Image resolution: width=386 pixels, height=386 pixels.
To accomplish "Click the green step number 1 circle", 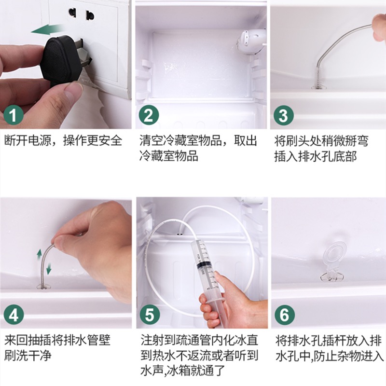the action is point(14,115).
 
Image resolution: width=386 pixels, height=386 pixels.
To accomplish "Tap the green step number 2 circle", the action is point(149,115).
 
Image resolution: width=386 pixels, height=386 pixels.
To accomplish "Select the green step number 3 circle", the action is point(284,115).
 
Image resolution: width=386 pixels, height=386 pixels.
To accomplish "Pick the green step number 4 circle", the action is point(14,315).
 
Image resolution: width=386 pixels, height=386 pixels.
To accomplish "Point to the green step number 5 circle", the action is point(150,315).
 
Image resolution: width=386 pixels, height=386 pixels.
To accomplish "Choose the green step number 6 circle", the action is point(285,315).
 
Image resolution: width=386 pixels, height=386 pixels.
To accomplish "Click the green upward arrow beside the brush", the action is point(40,254).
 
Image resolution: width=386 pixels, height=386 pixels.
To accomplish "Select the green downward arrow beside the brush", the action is point(49,268).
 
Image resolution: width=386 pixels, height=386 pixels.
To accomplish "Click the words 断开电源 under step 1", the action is point(28,140).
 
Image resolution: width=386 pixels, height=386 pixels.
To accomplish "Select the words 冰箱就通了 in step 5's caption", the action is point(196,370).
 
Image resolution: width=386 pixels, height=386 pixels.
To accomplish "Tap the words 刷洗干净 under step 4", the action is point(28,355).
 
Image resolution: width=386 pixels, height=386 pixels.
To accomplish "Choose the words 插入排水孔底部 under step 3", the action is point(316,156).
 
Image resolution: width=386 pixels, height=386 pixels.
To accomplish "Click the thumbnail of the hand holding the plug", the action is point(66,65).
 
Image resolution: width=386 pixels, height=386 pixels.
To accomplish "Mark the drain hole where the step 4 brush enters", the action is point(43,286).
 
